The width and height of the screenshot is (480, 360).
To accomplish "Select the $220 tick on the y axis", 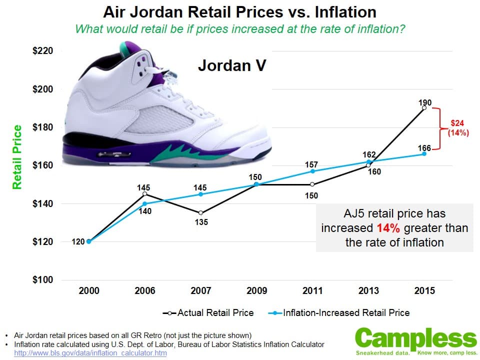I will pyautogui.click(x=43, y=51).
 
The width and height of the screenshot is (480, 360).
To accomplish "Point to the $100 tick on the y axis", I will pyautogui.click(x=43, y=279).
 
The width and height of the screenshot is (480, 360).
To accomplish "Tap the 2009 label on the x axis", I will pyautogui.click(x=256, y=291).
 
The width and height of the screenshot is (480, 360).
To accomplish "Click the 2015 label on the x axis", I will pyautogui.click(x=424, y=291).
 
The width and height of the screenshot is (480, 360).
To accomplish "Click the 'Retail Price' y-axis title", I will pyautogui.click(x=17, y=157).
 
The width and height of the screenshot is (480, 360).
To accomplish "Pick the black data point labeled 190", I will pyautogui.click(x=424, y=107).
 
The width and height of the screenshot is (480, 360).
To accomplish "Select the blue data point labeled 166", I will pyautogui.click(x=424, y=153).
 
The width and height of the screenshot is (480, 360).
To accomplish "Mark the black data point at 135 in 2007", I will pyautogui.click(x=200, y=212).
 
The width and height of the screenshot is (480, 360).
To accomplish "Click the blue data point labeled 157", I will pyautogui.click(x=312, y=171).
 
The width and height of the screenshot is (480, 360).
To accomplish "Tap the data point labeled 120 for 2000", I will pyautogui.click(x=88, y=241).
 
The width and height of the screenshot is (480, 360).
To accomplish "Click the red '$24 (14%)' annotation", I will pyautogui.click(x=458, y=127).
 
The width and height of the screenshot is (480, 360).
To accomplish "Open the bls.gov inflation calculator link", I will pyautogui.click(x=90, y=353).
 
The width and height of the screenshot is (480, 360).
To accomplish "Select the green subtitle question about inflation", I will pyautogui.click(x=239, y=28).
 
